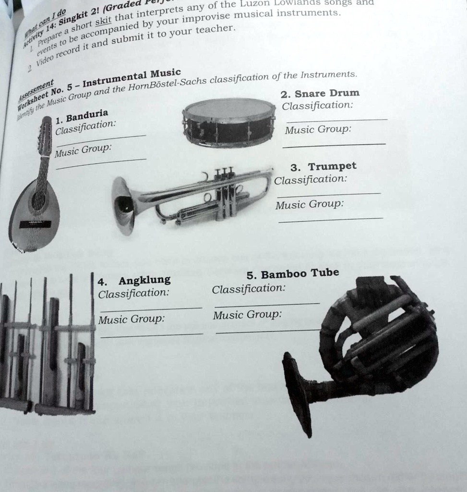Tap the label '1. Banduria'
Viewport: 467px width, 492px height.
tap(82, 116)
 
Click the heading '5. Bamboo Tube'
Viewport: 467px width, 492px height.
tap(292, 274)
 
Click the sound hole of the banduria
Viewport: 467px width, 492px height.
tap(38, 200)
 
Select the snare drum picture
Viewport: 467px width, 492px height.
tap(229, 123)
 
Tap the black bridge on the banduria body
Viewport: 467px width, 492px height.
tap(35, 224)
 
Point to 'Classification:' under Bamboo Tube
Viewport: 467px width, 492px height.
tap(249, 289)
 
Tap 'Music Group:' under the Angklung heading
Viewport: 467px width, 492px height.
tap(131, 319)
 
